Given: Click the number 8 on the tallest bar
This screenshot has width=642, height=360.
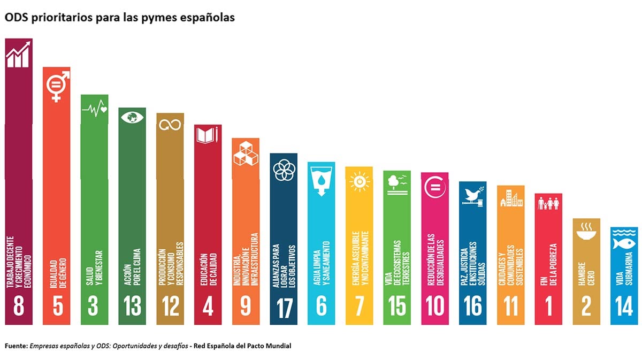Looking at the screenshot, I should coord(19,307).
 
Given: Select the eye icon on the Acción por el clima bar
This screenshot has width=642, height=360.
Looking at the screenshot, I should coord(132,117).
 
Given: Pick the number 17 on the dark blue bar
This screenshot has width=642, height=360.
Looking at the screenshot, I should coord(284,307).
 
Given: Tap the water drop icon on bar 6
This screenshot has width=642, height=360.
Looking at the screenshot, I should coord(321,180).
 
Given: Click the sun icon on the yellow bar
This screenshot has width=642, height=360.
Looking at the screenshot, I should coord(360,182).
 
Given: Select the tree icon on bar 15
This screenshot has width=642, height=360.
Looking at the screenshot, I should coord(396,183).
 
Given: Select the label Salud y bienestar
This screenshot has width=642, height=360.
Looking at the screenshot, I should coord(94,265).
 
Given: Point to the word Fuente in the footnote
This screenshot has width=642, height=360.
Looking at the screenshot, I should coord(16,346).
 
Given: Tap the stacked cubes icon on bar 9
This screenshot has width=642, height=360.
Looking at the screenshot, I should coord(246,153).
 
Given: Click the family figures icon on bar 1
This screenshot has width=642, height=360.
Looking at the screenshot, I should coord(548,203).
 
